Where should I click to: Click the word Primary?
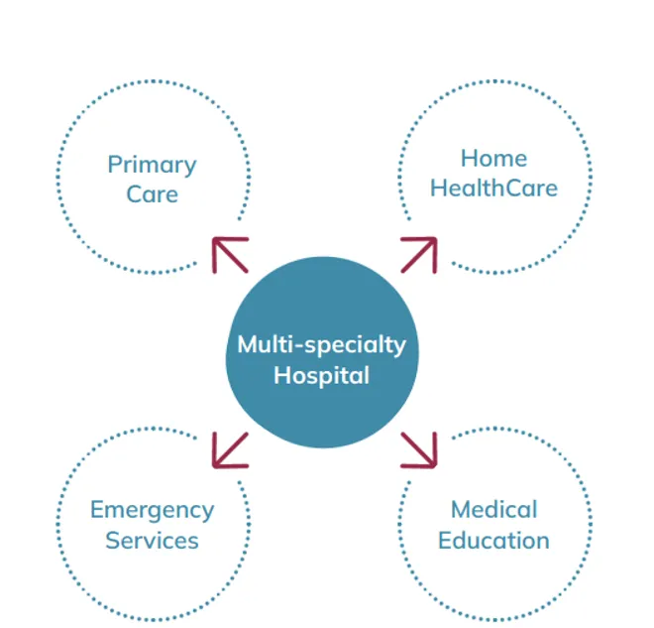pos(152,165)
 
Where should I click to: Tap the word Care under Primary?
pos(152,193)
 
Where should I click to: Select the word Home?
pos(493,159)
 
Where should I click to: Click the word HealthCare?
pos(493,188)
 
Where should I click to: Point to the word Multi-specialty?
pos(321,345)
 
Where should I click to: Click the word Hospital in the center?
pos(321,376)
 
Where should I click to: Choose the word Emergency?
pos(152,511)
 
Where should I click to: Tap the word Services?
pos(152,542)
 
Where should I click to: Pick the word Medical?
pos(493,510)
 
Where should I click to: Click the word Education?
pos(493,542)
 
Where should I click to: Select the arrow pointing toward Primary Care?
pos(229,254)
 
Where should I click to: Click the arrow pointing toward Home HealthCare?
pos(418,254)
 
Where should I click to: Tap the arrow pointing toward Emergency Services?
pos(229,449)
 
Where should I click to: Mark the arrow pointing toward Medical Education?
pos(418,449)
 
